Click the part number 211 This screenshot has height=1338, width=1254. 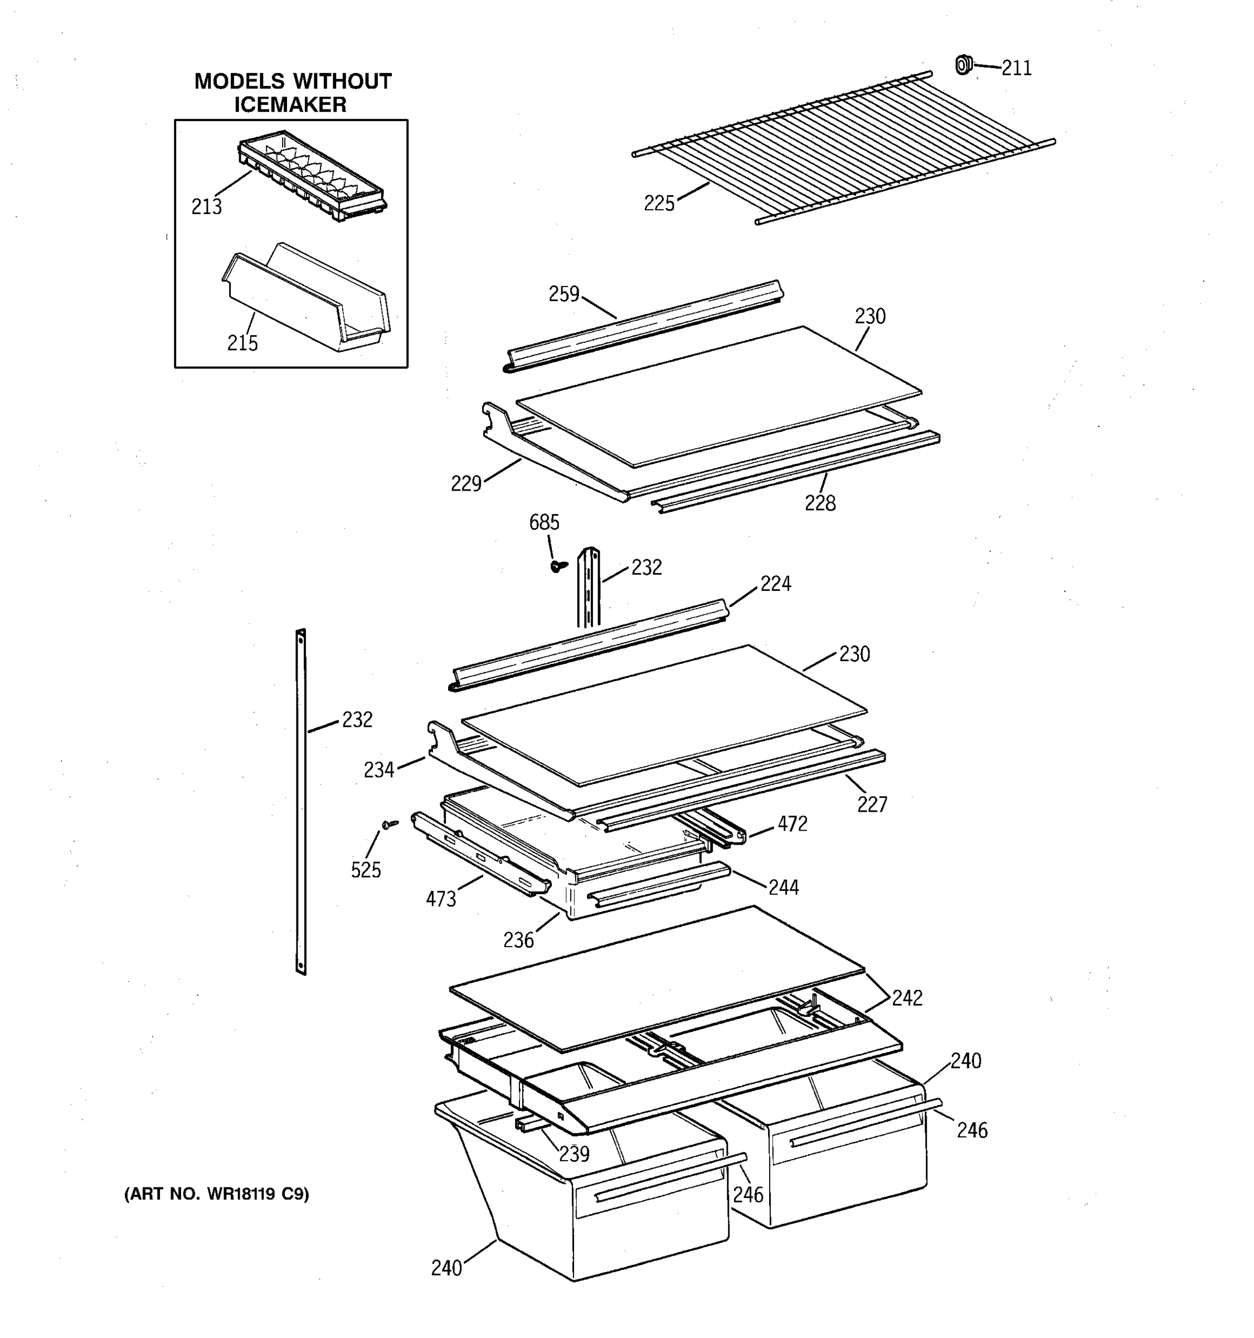pos(1016,68)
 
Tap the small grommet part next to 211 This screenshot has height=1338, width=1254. pos(964,65)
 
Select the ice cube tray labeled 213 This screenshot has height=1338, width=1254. pos(312,176)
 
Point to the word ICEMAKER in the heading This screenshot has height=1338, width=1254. pos(290,105)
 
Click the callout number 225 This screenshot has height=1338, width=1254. pos(659,203)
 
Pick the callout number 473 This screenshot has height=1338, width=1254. pos(441,899)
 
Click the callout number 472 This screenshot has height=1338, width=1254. pos(792,824)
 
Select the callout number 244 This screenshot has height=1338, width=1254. pos(783,887)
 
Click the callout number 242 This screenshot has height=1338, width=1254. pos(906,998)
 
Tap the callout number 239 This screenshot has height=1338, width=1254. pos(574,1153)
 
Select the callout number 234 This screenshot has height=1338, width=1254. pos(379,770)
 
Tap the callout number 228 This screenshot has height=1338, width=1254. pos(820,503)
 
